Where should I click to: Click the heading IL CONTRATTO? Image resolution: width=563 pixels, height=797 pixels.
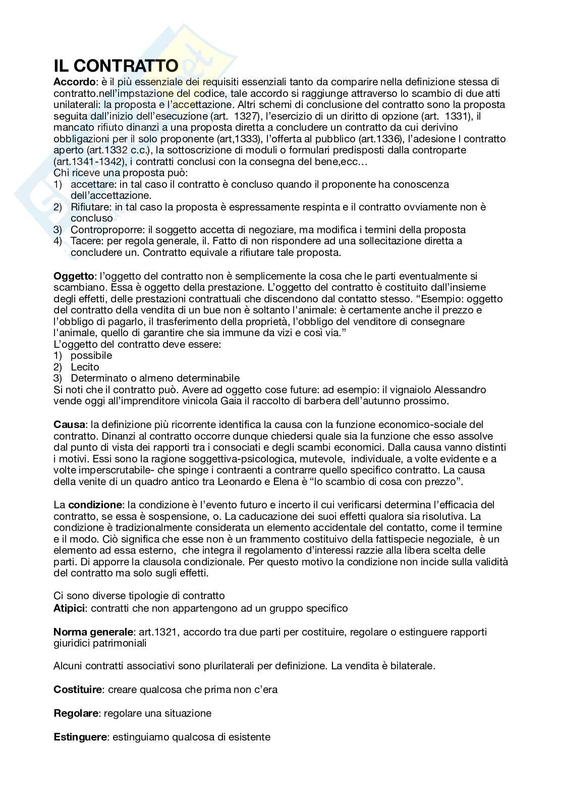(116, 66)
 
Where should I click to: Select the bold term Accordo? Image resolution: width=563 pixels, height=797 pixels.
(74, 82)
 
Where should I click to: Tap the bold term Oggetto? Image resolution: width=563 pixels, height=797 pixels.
(74, 276)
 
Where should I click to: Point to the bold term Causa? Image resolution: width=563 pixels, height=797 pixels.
(70, 424)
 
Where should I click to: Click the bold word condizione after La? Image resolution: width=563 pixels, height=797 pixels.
(95, 505)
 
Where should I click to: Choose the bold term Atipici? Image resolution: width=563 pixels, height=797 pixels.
(70, 608)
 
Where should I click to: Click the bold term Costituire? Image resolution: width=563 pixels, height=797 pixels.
(78, 689)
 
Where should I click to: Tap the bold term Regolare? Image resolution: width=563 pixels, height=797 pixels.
(76, 713)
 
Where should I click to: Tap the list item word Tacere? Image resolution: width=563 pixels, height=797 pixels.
(85, 241)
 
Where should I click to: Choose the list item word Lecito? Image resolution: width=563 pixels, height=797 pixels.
(85, 367)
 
